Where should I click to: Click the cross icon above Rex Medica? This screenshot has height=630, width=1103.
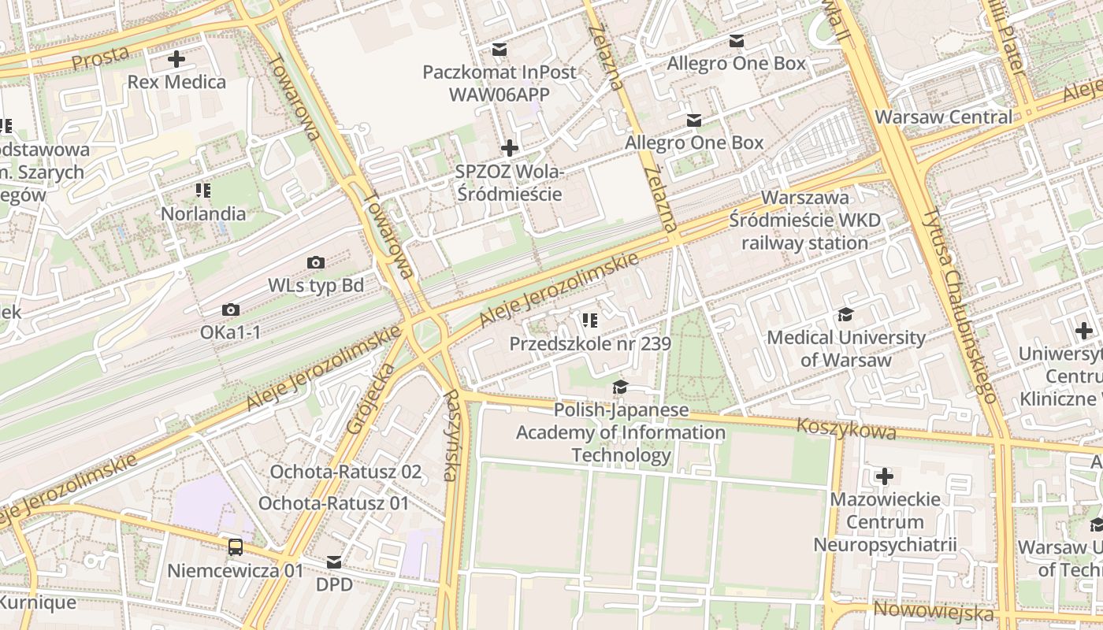[x=176, y=59]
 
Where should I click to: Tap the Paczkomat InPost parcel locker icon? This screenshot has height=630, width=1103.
[x=499, y=50]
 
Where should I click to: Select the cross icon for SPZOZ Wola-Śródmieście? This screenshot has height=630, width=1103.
[x=510, y=147]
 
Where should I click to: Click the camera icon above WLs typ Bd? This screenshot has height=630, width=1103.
[x=316, y=262]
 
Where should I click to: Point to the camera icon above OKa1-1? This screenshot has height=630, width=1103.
[x=230, y=309]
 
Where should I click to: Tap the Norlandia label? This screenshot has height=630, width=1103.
[x=203, y=213]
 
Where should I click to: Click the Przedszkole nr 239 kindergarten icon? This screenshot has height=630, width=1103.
[x=590, y=320]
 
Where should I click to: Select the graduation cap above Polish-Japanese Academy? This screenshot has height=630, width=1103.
[x=620, y=387]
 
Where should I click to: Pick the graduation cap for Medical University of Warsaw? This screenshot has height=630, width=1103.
[x=846, y=315]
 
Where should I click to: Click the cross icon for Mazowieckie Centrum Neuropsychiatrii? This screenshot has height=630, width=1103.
[x=885, y=476]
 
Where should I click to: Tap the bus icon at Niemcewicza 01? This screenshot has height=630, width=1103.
[x=235, y=547]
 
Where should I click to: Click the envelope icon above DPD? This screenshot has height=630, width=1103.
[x=334, y=562]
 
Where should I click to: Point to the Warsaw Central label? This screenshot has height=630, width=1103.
[x=943, y=117]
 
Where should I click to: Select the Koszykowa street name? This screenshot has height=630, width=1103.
[x=846, y=429]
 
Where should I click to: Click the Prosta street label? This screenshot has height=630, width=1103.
[x=99, y=57]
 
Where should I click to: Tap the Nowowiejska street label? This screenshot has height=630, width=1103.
[x=934, y=611]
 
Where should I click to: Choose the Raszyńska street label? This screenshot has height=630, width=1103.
[x=450, y=435]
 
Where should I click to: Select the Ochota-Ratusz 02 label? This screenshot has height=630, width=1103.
[x=346, y=472]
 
